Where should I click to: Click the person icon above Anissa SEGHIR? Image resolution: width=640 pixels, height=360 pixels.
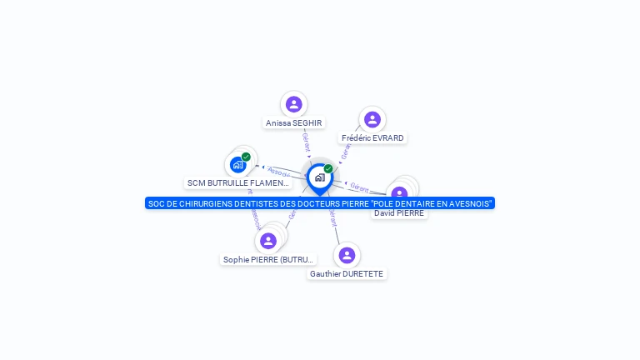point(293,104)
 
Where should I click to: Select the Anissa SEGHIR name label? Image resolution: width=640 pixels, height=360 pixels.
point(293,123)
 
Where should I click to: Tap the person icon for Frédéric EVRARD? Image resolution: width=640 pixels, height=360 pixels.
point(372,119)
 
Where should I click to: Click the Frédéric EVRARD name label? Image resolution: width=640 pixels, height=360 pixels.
point(372,138)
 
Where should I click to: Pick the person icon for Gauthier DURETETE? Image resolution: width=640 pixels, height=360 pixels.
point(347,255)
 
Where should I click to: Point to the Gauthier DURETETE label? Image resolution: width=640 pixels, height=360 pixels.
point(347,274)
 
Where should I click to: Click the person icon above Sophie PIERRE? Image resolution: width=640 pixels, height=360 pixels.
point(268,241)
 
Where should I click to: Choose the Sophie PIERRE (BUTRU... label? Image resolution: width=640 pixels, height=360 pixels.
point(268,260)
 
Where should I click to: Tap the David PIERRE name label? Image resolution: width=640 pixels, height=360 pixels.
point(399,213)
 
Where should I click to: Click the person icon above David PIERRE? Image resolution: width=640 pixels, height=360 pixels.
point(399,194)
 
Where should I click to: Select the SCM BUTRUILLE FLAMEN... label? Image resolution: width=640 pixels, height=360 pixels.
point(238,182)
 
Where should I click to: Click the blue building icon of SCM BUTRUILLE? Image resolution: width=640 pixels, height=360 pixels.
point(237,165)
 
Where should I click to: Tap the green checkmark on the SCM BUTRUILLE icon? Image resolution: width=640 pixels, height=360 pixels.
point(246,157)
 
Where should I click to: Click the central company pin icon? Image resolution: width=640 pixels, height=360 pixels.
point(319,177)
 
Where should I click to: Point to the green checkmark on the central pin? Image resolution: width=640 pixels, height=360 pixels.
point(328,169)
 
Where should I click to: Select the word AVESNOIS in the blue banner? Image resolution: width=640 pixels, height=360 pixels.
point(468,203)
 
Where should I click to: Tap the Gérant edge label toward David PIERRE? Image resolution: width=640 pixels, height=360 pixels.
point(359,188)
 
